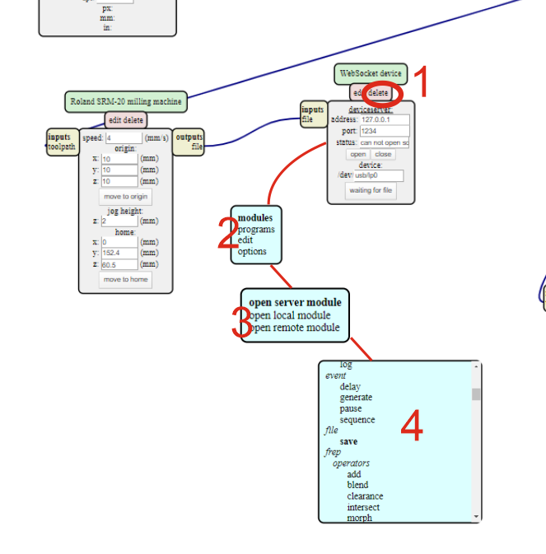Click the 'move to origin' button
126,197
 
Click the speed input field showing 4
124,138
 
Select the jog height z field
119,221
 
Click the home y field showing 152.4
119,253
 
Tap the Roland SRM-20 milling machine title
126,102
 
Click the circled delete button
379,93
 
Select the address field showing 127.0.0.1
384,119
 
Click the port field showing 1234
384,131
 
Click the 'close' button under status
383,154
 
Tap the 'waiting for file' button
371,190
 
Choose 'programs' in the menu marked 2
256,230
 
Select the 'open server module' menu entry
295,302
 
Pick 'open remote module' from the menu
295,327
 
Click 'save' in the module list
348,441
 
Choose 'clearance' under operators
365,496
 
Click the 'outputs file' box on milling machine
189,142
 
